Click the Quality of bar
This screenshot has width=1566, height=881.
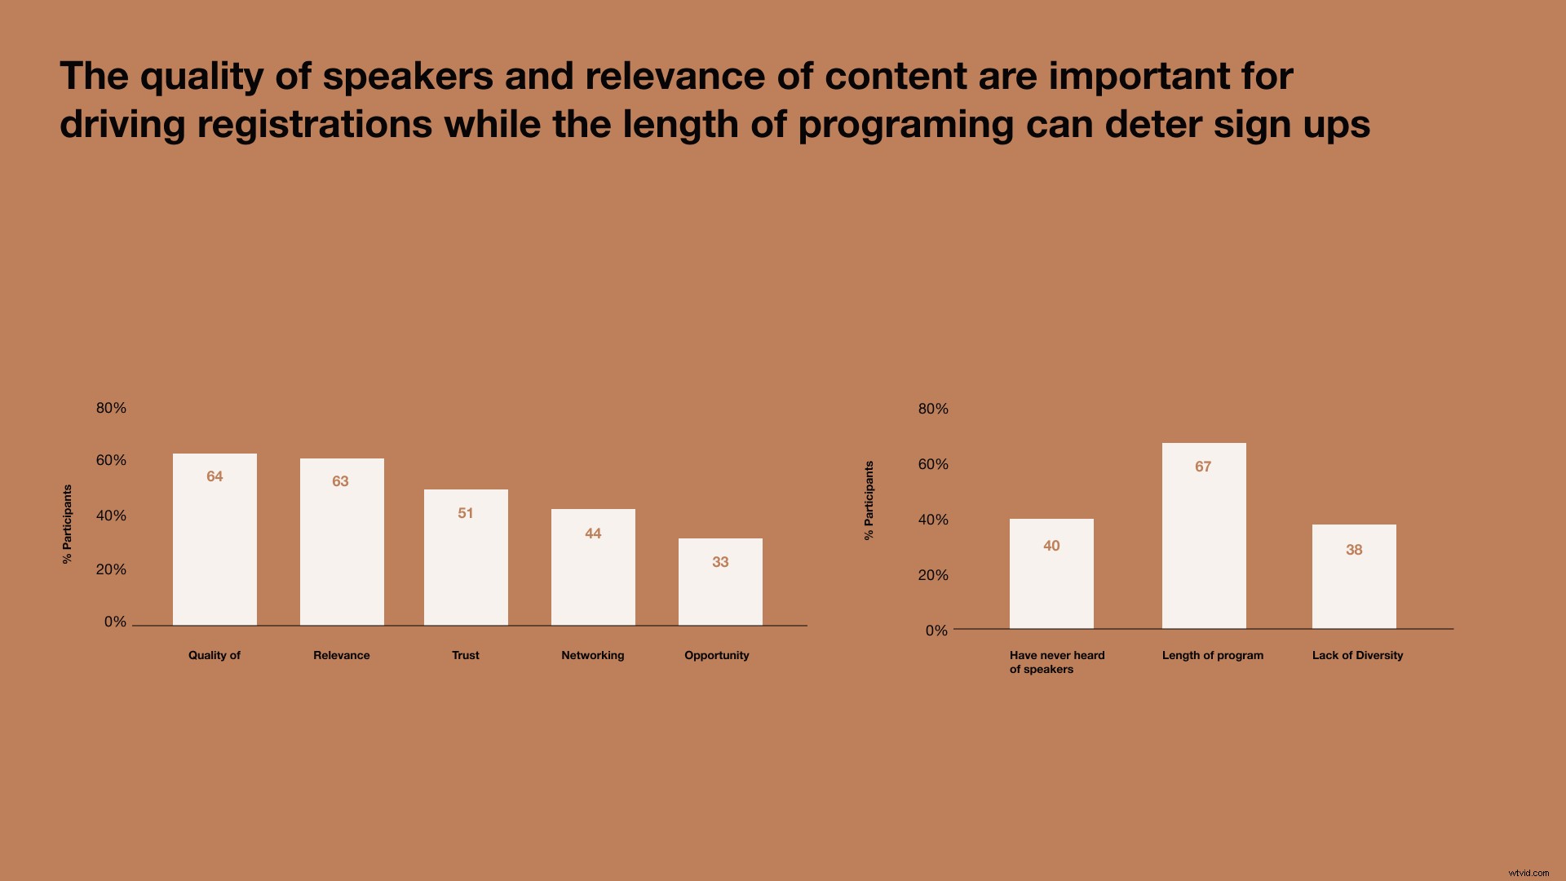[x=215, y=540]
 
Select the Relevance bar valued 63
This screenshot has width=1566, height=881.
[x=342, y=542]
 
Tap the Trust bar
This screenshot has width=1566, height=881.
[x=466, y=558]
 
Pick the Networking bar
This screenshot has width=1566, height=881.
[x=593, y=568]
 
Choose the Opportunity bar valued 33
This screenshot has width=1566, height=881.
[x=720, y=582]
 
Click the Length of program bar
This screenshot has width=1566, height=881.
[x=1204, y=536]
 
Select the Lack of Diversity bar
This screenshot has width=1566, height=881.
[x=1354, y=577]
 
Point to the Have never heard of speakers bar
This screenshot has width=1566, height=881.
[x=1051, y=573]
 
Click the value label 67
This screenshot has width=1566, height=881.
[x=1203, y=467]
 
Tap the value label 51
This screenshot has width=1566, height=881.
[x=466, y=513]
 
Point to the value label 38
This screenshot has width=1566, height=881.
[x=1354, y=550]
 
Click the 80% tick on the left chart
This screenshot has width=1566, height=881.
[x=111, y=408]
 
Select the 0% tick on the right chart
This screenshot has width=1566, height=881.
[x=936, y=631]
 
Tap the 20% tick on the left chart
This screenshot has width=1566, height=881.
[x=111, y=569]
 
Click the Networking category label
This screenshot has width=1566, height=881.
[x=592, y=655]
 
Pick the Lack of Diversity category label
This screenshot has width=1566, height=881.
[x=1357, y=655]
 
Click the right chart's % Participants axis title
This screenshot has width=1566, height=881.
[x=869, y=500]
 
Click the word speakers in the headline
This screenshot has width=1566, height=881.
[x=408, y=76]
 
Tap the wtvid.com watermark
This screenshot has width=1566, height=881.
[x=1528, y=872]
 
